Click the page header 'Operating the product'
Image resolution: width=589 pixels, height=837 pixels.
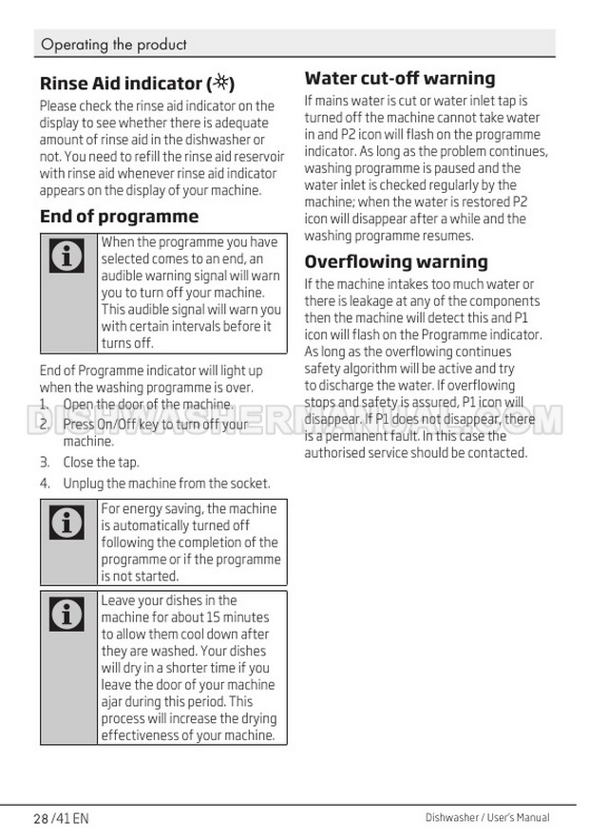(x=114, y=45)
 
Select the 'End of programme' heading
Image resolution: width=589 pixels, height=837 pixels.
(x=119, y=217)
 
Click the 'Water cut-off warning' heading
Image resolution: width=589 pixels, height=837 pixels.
(x=400, y=78)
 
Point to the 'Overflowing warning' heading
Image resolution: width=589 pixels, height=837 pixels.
(x=396, y=261)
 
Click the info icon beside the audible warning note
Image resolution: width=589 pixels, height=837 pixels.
(x=66, y=257)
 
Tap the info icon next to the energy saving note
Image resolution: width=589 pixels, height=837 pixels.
(x=66, y=522)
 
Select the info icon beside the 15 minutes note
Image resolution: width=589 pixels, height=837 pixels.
(x=66, y=614)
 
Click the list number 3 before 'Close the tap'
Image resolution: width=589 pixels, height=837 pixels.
(x=45, y=463)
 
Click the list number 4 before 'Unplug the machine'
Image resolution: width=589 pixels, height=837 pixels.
(x=45, y=484)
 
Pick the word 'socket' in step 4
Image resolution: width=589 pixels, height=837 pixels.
(x=249, y=484)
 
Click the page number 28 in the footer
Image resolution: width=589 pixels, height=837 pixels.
(x=40, y=818)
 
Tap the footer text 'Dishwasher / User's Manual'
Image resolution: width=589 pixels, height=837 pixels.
(x=486, y=817)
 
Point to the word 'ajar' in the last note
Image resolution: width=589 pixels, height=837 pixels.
(x=113, y=702)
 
